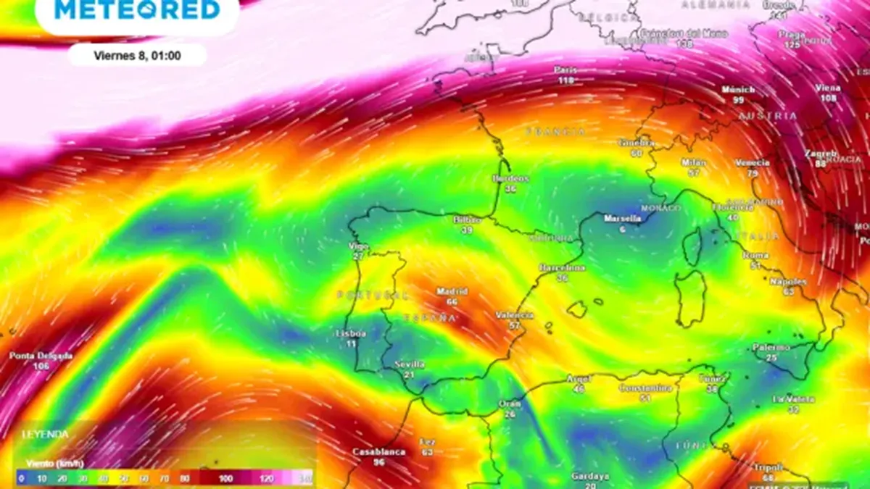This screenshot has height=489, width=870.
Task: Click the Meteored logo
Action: [x=137, y=11]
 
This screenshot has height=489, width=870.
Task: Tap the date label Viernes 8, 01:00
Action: [x=137, y=55]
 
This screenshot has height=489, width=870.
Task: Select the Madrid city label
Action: [x=452, y=292]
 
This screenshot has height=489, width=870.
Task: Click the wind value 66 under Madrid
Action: [x=452, y=302]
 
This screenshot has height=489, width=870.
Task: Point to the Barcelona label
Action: [x=562, y=268]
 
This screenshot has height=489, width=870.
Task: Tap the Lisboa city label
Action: [x=351, y=334]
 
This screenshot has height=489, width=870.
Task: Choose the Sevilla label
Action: [x=410, y=364]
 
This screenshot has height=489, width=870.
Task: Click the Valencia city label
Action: [x=514, y=315]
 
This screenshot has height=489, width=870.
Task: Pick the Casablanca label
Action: [x=378, y=451]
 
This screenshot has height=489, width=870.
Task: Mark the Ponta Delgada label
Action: [x=41, y=356]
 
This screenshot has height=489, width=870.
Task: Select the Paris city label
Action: [x=565, y=70]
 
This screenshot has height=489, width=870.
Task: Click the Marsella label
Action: [x=623, y=218]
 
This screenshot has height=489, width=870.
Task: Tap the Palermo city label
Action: [x=771, y=348]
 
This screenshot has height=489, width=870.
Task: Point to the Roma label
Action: [x=755, y=256]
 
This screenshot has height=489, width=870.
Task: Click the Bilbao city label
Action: [x=467, y=220]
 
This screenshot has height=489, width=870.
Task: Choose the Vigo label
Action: [x=359, y=246]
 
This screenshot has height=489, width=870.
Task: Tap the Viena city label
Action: [x=829, y=88]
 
